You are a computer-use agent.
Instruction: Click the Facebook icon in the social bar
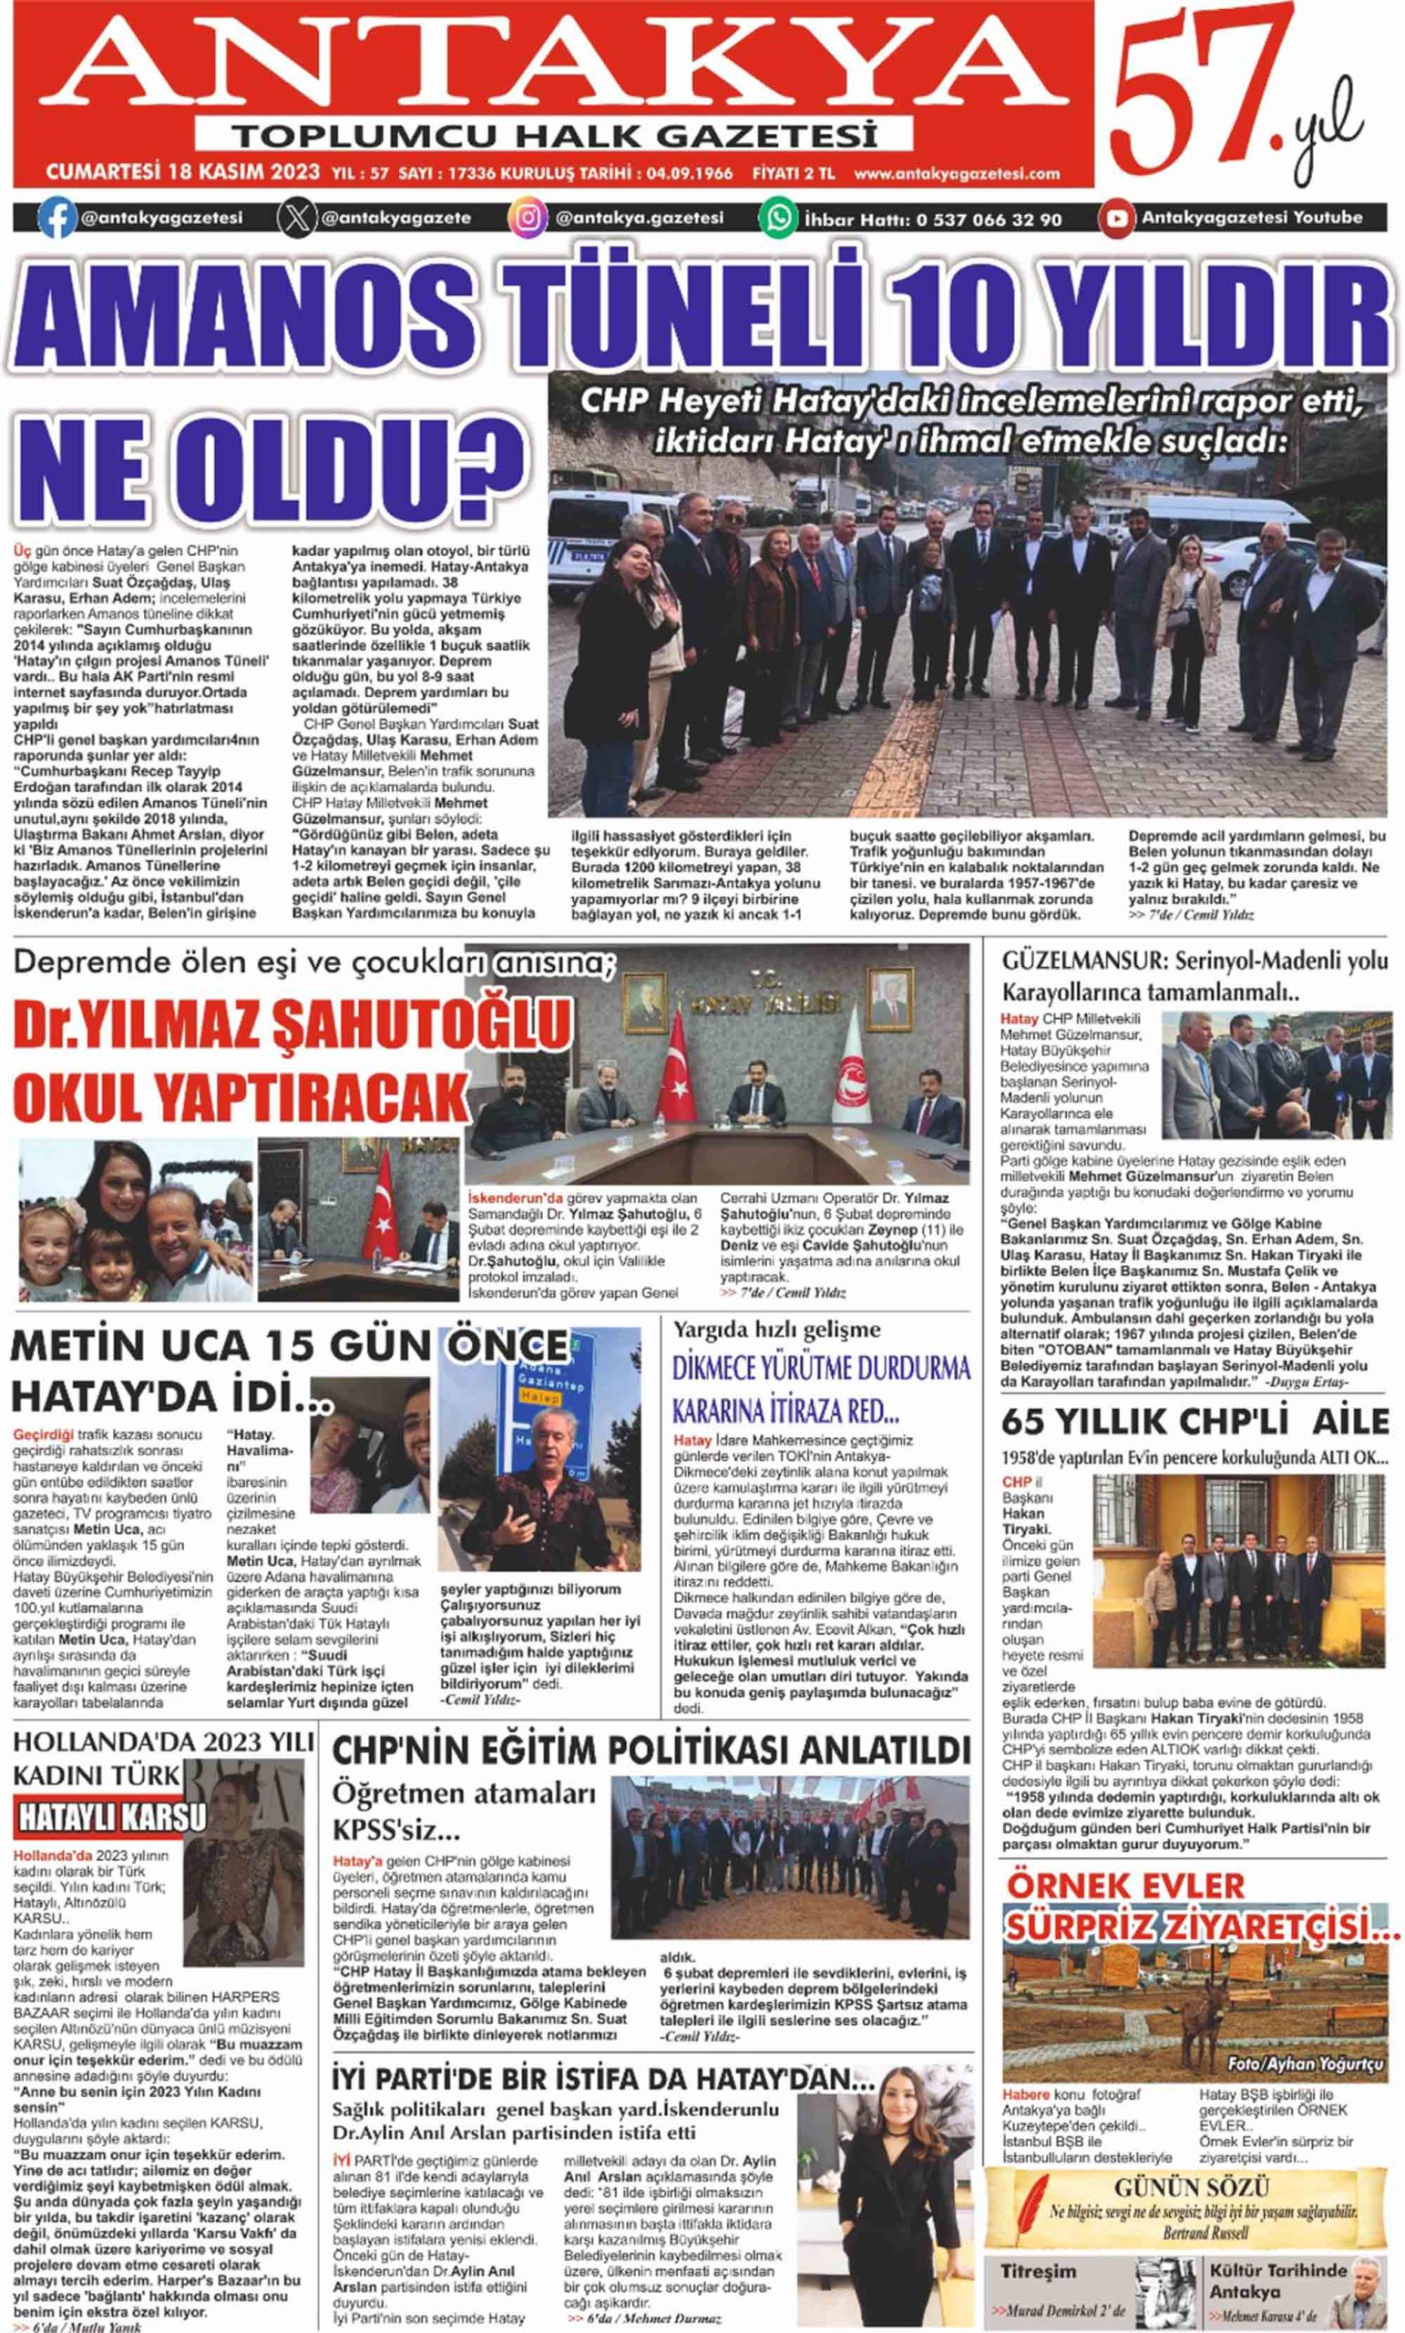pyautogui.click(x=56, y=218)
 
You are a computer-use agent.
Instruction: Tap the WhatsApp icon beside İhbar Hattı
pyautogui.click(x=778, y=219)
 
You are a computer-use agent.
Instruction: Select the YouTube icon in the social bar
pyautogui.click(x=1116, y=219)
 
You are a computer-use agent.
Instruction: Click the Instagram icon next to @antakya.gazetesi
pyautogui.click(x=528, y=219)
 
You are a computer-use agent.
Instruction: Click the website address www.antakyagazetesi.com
pyautogui.click(x=956, y=174)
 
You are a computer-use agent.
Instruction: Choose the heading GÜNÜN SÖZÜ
pyautogui.click(x=1191, y=2189)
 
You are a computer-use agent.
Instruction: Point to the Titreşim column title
pyautogui.click(x=1038, y=2270)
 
